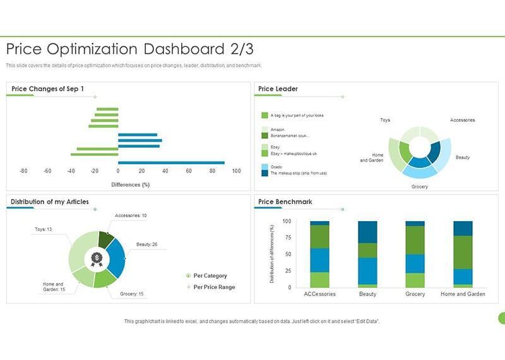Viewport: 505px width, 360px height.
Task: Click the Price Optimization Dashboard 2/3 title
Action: coord(129,49)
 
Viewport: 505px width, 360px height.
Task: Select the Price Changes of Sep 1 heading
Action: coord(48,88)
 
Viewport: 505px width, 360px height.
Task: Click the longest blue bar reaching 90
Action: coord(171,162)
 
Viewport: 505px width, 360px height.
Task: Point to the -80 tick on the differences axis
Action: coord(23,171)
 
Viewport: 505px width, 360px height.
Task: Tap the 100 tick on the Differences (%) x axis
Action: coord(236,171)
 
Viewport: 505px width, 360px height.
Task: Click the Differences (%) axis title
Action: coord(130,184)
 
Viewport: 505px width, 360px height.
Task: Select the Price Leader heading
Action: coord(278,88)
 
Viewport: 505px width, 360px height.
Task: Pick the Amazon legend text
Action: coord(277,129)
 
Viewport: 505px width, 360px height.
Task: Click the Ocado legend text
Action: coord(276,167)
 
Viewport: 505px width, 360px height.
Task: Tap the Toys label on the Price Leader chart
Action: coord(384,120)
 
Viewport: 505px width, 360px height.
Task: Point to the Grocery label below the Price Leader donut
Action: coord(419,187)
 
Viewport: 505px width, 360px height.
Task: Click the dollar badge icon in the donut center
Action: coord(97,258)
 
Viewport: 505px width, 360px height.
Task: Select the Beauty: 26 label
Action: coord(146,244)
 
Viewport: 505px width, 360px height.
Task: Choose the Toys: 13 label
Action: coord(43,229)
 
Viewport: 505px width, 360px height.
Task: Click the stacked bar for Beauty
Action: coord(367,254)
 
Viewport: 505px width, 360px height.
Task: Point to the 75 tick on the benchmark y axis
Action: coord(287,238)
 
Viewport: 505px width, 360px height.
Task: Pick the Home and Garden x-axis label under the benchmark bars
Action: coord(463,294)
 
